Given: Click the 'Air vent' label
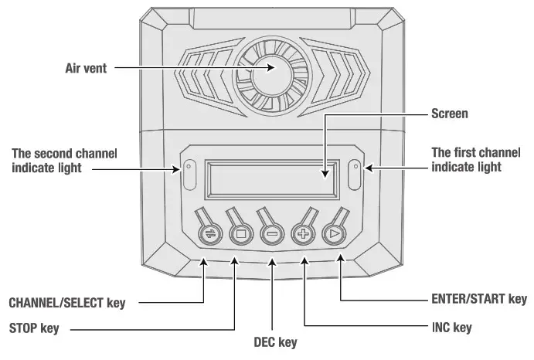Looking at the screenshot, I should [x=85, y=68].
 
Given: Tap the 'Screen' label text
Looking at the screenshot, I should [x=449, y=114].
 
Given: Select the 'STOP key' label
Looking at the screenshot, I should [x=34, y=328].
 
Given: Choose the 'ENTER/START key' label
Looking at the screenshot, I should [x=478, y=298].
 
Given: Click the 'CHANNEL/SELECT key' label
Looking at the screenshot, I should [x=66, y=301].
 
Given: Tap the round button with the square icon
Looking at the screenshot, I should [x=240, y=233].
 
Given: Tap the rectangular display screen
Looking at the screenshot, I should [x=272, y=178].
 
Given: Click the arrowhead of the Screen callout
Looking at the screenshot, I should [x=323, y=173].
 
